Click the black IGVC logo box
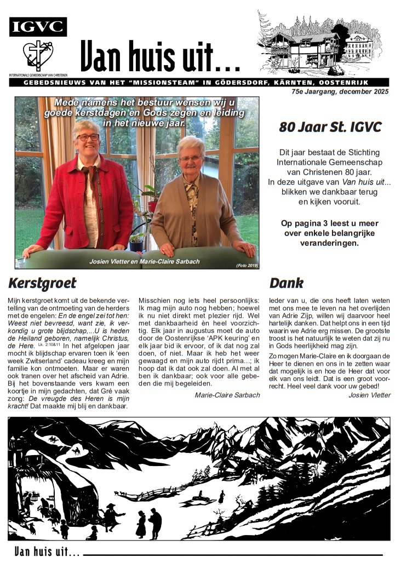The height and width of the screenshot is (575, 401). [38, 27]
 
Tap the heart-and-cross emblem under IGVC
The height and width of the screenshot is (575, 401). [38, 55]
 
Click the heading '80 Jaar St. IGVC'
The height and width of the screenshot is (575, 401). [330, 127]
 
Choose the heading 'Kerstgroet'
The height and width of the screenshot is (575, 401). [42, 283]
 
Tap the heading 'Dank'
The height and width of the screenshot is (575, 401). [286, 283]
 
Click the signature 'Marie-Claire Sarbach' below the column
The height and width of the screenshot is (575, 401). [227, 395]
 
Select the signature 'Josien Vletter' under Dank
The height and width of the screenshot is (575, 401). [369, 395]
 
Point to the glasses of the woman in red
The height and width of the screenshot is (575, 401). [88, 137]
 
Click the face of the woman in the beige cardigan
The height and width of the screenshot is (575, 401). [191, 158]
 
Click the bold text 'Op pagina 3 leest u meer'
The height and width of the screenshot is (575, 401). [330, 223]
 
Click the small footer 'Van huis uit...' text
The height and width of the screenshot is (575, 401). [47, 552]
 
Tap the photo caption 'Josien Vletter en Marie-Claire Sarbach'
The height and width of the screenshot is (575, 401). [145, 262]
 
